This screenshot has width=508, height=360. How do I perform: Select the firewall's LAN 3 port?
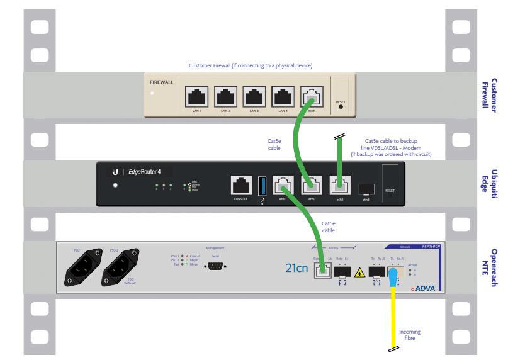click(254, 97)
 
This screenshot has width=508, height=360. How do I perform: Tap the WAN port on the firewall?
click(312, 97)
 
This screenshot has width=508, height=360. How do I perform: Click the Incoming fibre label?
click(410, 335)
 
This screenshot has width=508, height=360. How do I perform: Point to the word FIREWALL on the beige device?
click(162, 82)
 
